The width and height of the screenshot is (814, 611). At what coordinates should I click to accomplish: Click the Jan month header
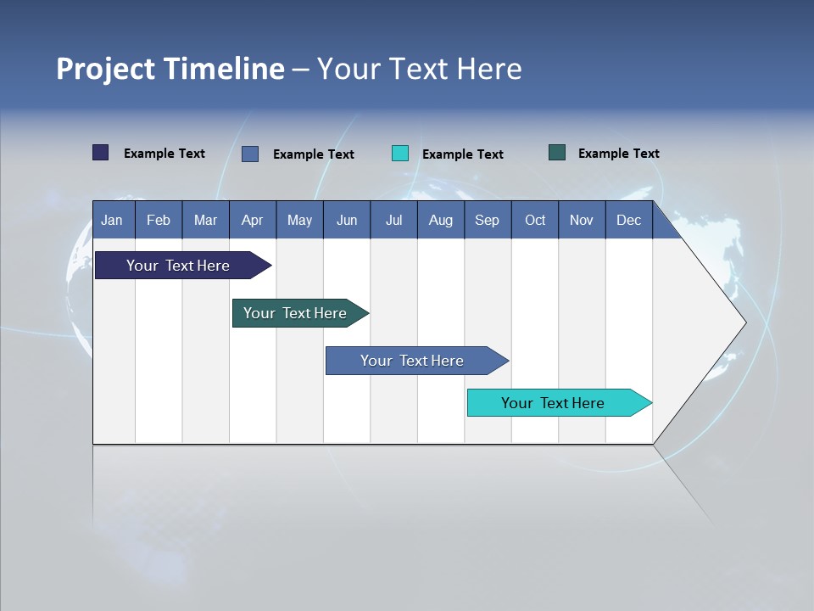(x=113, y=220)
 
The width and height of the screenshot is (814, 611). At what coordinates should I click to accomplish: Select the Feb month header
(x=159, y=220)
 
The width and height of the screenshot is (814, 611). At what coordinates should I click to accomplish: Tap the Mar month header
(x=205, y=220)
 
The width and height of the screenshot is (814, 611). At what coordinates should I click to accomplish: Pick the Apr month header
(x=253, y=220)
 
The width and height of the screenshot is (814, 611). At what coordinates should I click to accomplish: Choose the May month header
(x=299, y=220)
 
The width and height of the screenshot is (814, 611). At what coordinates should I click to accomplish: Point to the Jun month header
(x=347, y=220)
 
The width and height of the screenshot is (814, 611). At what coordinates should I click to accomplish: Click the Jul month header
(x=393, y=220)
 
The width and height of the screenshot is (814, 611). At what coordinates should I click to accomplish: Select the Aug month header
(x=441, y=220)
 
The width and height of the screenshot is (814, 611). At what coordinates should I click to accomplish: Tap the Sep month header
(x=488, y=220)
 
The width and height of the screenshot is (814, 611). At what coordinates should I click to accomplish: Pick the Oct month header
(x=535, y=220)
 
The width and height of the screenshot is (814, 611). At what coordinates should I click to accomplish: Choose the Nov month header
(x=582, y=220)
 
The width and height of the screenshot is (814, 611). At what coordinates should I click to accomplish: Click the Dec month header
(x=629, y=220)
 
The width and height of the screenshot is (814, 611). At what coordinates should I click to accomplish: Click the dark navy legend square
(x=101, y=153)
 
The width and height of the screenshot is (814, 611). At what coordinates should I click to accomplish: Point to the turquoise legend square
(x=400, y=154)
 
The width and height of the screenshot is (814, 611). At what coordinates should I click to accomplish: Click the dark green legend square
(x=557, y=153)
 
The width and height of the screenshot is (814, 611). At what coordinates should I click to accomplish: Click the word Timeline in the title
(x=225, y=69)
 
